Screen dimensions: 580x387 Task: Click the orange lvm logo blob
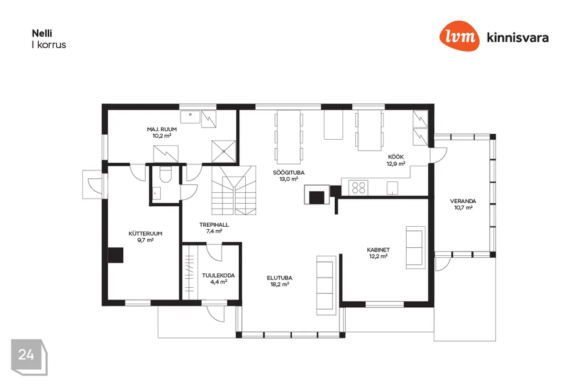459,36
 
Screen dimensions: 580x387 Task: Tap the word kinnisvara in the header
518,37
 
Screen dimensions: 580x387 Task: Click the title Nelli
42,33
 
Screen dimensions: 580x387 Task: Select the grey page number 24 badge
29,357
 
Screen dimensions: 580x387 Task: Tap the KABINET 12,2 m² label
378,253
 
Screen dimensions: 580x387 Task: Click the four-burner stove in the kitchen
358,187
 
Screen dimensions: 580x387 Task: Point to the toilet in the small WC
165,174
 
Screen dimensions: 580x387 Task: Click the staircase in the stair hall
234,190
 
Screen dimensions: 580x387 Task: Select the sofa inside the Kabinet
416,247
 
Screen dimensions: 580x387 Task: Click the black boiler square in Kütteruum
115,255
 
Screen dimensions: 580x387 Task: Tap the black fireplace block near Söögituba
317,197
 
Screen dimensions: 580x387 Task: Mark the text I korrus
49,45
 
